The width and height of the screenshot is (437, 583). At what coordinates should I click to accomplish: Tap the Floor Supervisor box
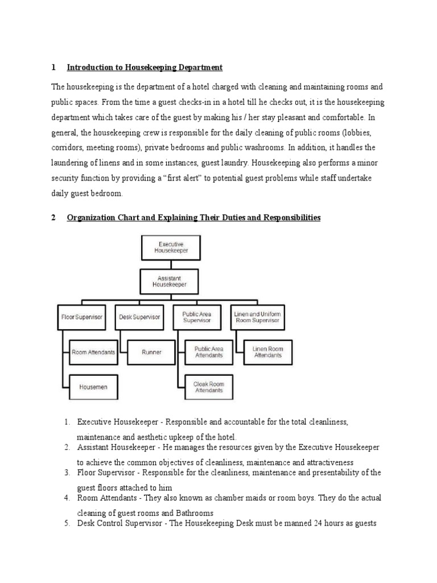click(x=81, y=317)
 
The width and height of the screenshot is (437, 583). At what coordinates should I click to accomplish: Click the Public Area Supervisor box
click(x=196, y=317)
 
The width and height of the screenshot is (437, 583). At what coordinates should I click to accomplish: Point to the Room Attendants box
click(x=93, y=352)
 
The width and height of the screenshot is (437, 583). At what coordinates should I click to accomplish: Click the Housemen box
click(x=93, y=387)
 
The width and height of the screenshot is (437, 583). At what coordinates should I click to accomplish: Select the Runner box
click(x=151, y=352)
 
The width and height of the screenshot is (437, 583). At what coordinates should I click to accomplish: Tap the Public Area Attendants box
click(x=209, y=352)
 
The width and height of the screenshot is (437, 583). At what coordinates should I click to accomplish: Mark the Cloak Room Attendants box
click(x=209, y=387)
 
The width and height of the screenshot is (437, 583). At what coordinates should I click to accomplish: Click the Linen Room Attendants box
click(x=267, y=352)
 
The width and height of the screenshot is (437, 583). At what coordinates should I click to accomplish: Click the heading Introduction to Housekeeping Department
click(x=145, y=68)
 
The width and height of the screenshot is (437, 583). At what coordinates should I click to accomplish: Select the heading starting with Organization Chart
click(x=193, y=217)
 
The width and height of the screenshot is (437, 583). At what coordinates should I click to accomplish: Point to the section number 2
click(x=53, y=217)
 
